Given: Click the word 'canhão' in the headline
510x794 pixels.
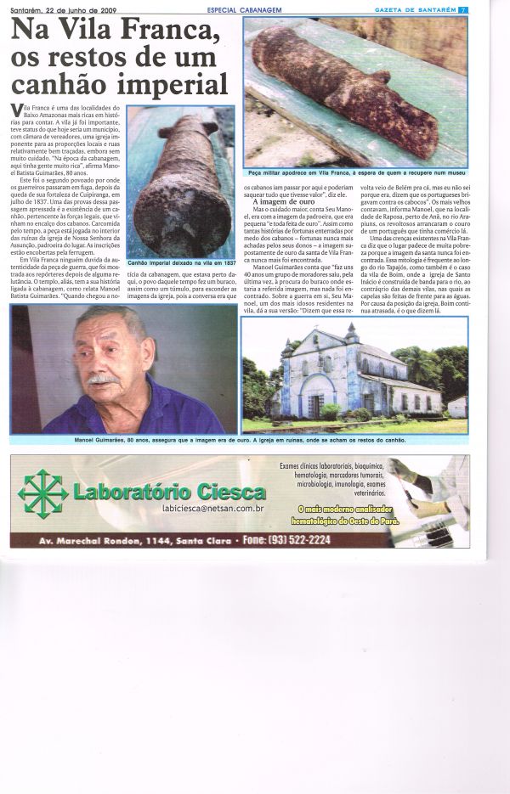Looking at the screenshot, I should pos(58,84).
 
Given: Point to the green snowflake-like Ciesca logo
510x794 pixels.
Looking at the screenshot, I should pos(42,492).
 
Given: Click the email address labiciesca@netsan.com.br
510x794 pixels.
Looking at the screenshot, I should pos(212,507).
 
